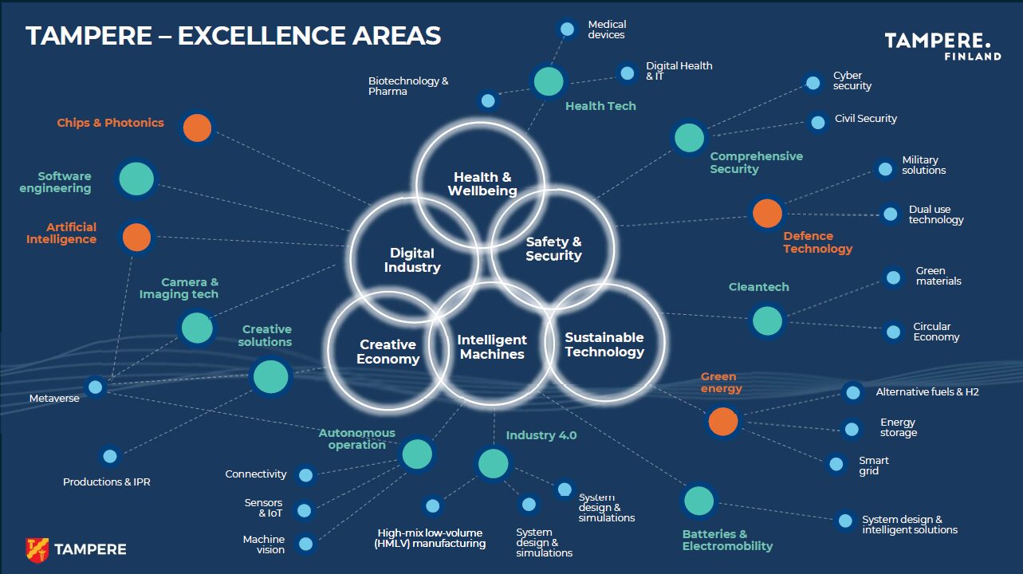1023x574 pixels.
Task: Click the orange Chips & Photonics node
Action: [x=197, y=128]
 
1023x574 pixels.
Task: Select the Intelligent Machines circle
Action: [x=492, y=347]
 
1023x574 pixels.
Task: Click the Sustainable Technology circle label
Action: [x=604, y=344]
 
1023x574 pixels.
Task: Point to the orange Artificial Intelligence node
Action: [x=136, y=238]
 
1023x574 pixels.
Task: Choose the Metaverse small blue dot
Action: [x=96, y=387]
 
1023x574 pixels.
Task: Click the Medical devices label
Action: [x=607, y=30]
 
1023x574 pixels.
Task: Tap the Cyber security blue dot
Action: [x=812, y=82]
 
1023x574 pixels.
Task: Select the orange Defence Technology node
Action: [x=767, y=213]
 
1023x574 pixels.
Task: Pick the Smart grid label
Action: [x=873, y=466]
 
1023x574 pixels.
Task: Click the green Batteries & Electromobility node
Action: [x=698, y=501]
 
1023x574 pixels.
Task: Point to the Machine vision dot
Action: [x=305, y=545]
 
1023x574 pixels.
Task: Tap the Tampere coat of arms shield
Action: [x=37, y=549]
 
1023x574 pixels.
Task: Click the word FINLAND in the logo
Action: [x=972, y=57]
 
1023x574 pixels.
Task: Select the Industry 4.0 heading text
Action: [x=541, y=435]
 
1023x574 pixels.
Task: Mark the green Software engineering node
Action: [x=136, y=179]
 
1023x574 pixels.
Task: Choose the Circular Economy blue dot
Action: [x=893, y=330]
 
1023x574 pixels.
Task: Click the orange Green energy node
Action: [x=722, y=421]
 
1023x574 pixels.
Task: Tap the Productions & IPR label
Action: [x=107, y=482]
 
